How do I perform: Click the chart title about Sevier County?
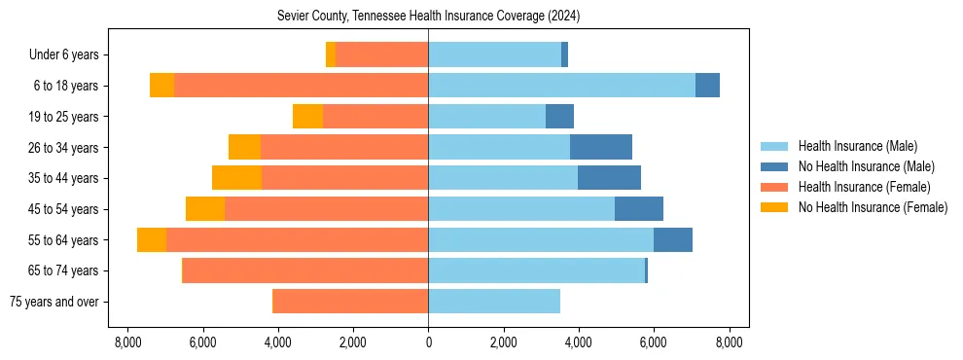(x=428, y=16)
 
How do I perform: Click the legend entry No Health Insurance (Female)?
(x=873, y=207)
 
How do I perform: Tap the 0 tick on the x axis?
(x=428, y=342)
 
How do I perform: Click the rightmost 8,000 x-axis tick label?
(x=729, y=342)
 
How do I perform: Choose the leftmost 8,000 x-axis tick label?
(x=127, y=342)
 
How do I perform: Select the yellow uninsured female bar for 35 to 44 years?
(x=236, y=178)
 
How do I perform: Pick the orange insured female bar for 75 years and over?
(x=350, y=302)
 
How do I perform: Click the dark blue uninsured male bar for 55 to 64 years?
(x=673, y=239)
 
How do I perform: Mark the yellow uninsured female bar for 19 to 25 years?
(x=307, y=117)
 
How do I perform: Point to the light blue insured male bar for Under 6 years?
(x=494, y=55)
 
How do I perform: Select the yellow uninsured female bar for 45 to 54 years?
(x=205, y=209)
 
